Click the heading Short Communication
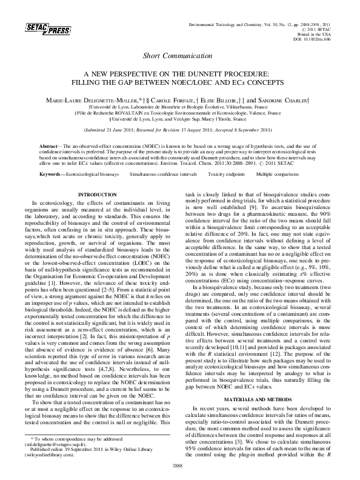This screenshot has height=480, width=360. (179, 56)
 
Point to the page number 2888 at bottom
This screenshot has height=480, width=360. (179, 464)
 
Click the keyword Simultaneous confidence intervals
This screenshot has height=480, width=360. (163, 174)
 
